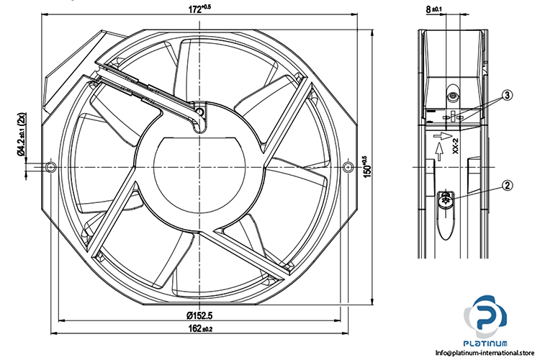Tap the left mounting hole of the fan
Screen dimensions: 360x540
(50, 168)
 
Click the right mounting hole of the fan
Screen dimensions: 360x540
(348, 168)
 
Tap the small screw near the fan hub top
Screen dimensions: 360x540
(199, 112)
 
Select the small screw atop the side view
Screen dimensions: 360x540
(453, 96)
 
